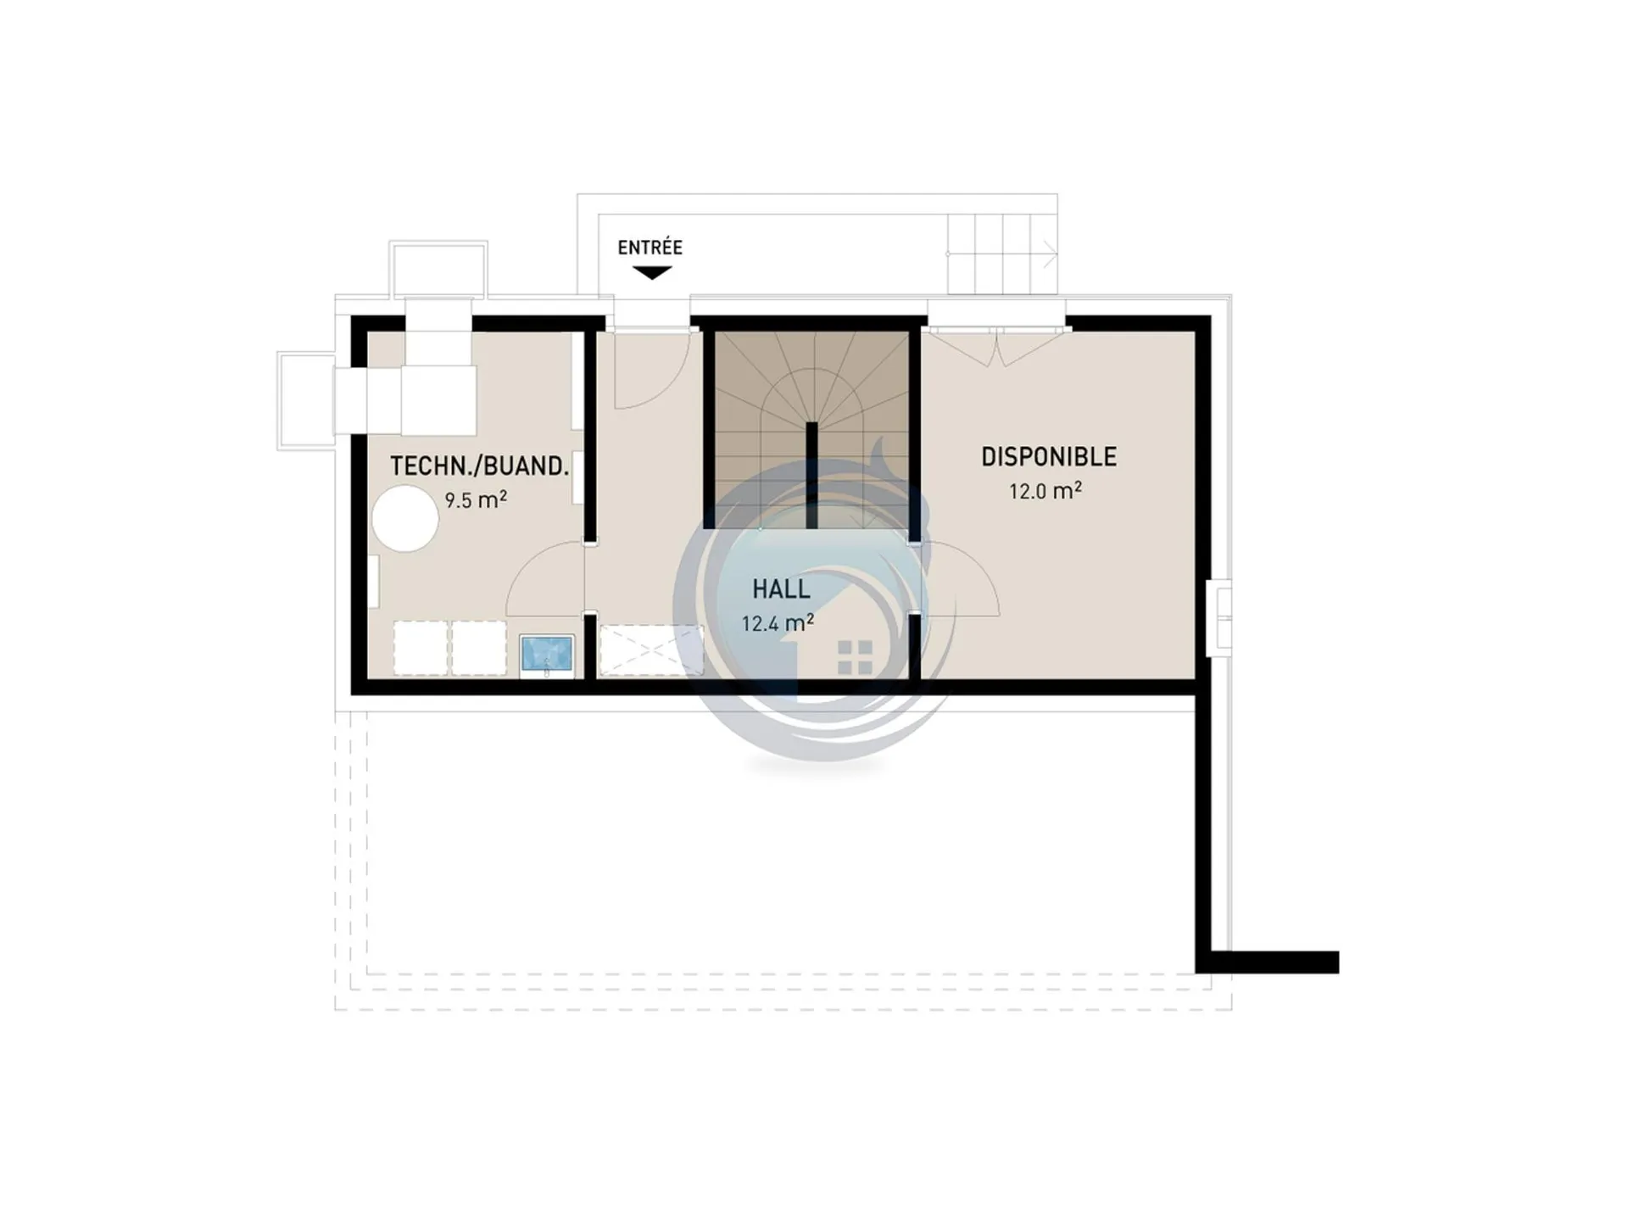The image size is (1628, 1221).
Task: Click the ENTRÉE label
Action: pos(650,248)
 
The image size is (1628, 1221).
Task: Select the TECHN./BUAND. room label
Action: pos(479,466)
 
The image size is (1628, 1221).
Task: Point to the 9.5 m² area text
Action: pos(476,499)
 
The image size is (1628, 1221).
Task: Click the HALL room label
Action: pos(781,589)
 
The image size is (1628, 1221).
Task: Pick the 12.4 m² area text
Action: pos(778,623)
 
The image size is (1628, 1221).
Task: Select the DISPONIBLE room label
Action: pos(1049,457)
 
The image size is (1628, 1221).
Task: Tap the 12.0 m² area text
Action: pos(1045,491)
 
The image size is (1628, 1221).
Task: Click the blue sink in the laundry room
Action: pos(547,655)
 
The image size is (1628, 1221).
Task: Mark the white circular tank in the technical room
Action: pos(405,518)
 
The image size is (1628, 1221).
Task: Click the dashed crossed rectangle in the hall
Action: pos(651,650)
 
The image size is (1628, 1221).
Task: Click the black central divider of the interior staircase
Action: pos(811,475)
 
